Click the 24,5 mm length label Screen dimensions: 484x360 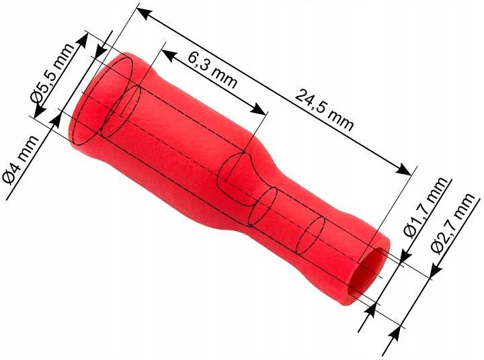[x=324, y=110]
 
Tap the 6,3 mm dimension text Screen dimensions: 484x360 [x=212, y=69]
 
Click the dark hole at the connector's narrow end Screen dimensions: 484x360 [x=366, y=275]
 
